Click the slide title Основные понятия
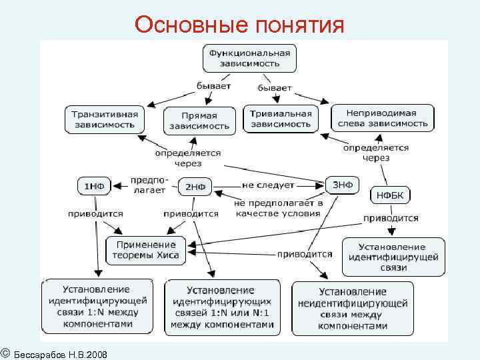coord(239,25)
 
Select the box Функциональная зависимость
coord(249,58)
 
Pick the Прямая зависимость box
coord(199,120)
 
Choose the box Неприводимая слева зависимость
coord(382,118)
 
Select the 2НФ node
coord(195,187)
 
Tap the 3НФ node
coord(342,184)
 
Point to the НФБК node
coord(390,195)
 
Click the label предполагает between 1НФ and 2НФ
coord(148,185)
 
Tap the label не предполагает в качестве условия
coord(278,207)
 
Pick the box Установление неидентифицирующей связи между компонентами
coord(352,309)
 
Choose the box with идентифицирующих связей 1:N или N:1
coord(222,308)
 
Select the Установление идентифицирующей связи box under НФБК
coord(393,256)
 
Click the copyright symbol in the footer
coord(5,352)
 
